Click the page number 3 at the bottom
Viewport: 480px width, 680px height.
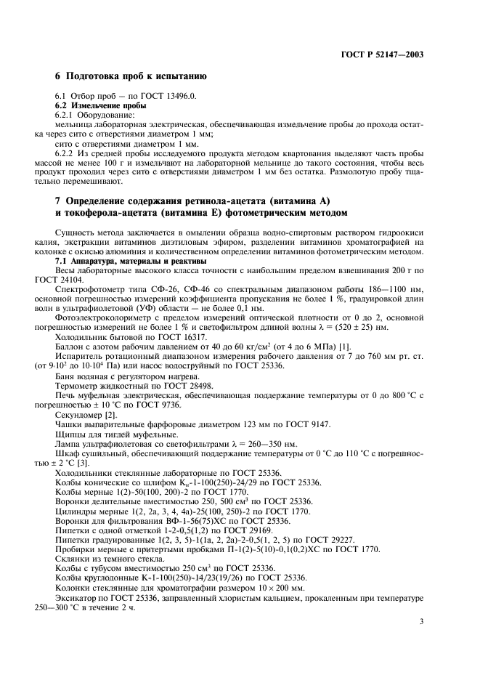[x=421, y=621]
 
